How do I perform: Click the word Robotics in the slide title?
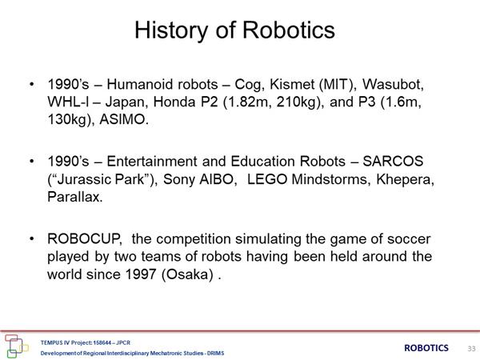[289, 30]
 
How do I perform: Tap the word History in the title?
[171, 31]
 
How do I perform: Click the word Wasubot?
[393, 85]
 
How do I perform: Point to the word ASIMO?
[124, 119]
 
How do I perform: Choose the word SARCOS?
[393, 162]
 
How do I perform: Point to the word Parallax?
[74, 197]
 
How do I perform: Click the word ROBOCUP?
[85, 239]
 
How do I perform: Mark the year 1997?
[141, 274]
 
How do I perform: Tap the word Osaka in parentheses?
[187, 274]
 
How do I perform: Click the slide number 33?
[471, 348]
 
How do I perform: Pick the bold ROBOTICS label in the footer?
[426, 348]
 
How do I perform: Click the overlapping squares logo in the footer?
[16, 346]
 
